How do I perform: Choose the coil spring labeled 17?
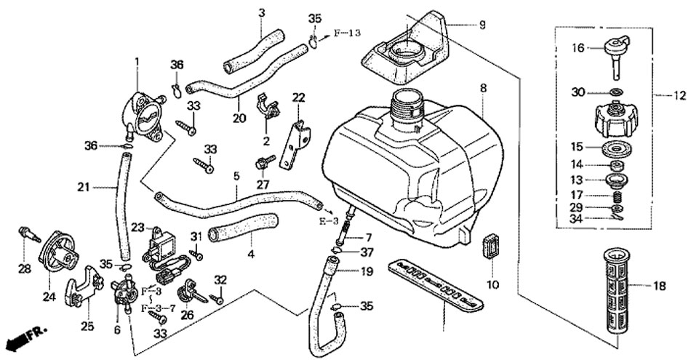tap(617, 195)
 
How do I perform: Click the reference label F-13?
tap(347, 33)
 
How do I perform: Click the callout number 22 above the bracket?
tap(298, 98)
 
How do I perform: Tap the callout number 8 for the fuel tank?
tap(482, 88)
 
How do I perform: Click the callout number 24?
tap(49, 295)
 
